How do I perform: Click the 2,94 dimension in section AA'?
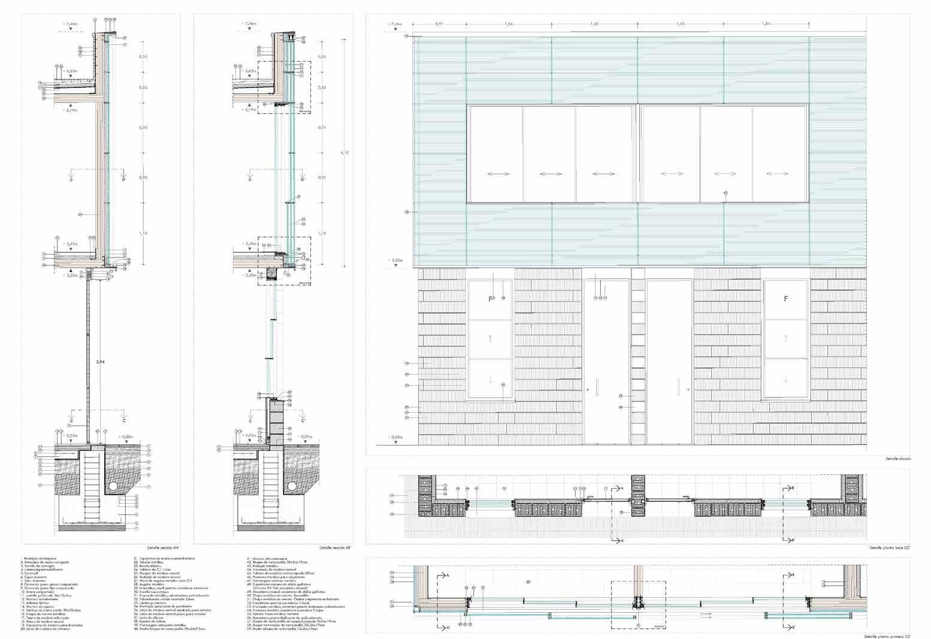point(101,362)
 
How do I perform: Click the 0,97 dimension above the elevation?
point(439,24)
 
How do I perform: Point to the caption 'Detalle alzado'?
point(898,459)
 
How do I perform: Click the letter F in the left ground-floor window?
point(490,298)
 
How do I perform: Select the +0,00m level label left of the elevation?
point(395,438)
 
